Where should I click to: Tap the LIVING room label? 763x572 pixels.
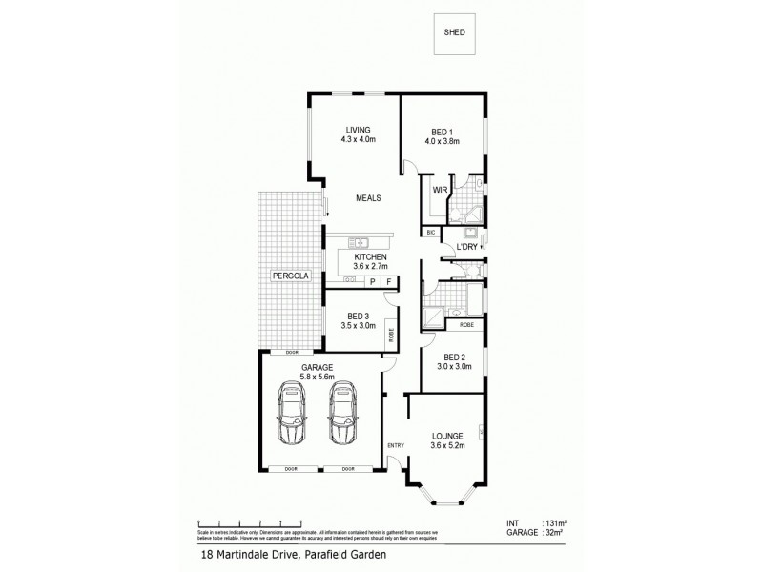[x=359, y=130]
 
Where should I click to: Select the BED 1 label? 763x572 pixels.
[x=443, y=131]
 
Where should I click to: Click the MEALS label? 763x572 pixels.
[x=368, y=198]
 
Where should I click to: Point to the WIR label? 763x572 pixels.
[x=440, y=190]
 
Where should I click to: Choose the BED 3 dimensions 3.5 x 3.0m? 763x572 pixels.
[x=359, y=326]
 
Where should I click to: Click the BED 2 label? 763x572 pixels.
[x=455, y=360]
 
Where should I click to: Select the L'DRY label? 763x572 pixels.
[x=467, y=248]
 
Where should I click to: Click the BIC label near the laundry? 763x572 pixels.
[x=431, y=232]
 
